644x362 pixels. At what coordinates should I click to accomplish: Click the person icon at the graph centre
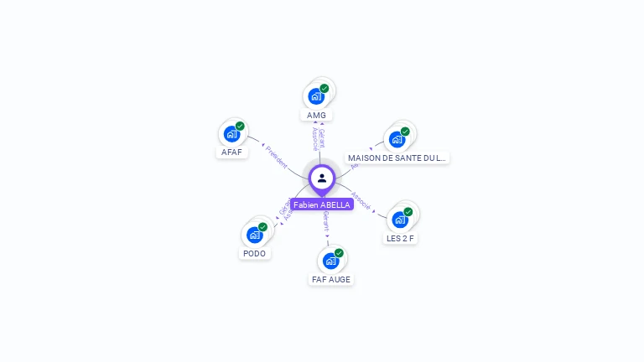tap(322, 178)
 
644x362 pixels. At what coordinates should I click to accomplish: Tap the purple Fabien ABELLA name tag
tap(322, 204)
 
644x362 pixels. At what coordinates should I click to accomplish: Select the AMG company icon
tap(316, 96)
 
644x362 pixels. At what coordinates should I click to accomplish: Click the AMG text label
tap(316, 115)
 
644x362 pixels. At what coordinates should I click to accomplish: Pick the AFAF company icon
tap(231, 133)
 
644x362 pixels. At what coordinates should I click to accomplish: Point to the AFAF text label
tap(231, 153)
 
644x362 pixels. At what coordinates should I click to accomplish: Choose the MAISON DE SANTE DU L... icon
tap(397, 139)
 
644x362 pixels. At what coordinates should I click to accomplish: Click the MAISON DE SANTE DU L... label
tap(397, 158)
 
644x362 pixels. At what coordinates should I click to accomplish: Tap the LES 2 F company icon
tap(400, 220)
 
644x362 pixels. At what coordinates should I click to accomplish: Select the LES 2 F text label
tap(401, 238)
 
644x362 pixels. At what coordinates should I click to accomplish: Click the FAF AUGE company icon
tap(330, 261)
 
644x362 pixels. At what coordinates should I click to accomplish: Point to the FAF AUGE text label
tap(331, 279)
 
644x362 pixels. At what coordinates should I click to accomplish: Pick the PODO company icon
tap(254, 235)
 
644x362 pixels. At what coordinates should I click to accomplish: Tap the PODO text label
tap(254, 253)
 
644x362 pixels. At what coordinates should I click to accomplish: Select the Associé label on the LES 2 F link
tap(361, 200)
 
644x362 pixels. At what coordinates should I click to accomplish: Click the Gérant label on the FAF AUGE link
tap(325, 221)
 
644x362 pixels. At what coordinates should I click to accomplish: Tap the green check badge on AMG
tap(325, 88)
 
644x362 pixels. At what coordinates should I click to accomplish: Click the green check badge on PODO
tap(262, 227)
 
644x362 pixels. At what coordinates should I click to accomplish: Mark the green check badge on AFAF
tap(240, 126)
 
